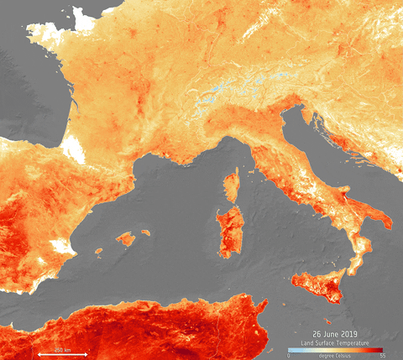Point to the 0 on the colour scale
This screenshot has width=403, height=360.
coord(290,355)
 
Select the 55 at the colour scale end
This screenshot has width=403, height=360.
coord(383,355)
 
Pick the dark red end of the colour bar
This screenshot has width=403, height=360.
coord(380,349)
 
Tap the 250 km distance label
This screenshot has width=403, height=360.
coord(63,347)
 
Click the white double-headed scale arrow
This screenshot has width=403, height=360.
coord(63,354)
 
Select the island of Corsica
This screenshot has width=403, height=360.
coord(232,185)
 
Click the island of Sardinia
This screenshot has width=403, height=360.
coord(227,230)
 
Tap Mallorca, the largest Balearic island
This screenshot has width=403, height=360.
coord(125,239)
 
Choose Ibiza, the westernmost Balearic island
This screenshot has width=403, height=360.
coord(98,250)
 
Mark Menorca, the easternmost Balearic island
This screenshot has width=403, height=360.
coord(144,232)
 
